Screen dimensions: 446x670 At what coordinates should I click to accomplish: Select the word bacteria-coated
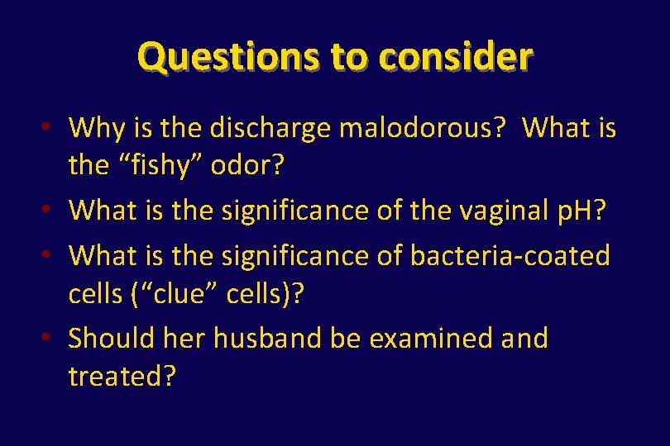pos(510,255)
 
